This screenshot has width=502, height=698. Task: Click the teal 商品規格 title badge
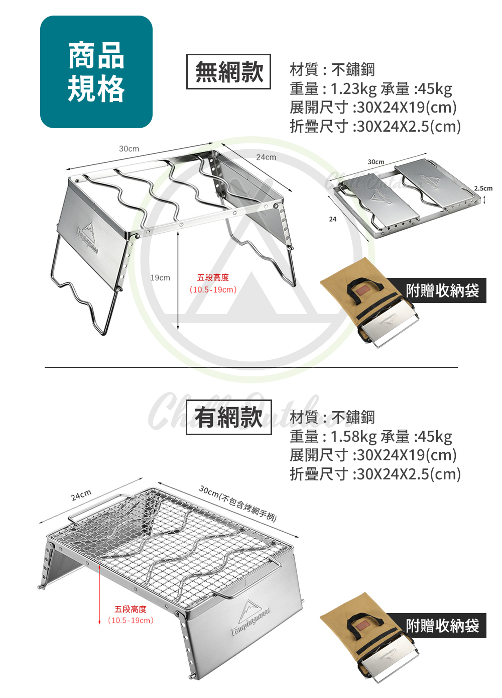[x=96, y=72]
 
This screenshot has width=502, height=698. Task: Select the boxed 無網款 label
[x=228, y=71]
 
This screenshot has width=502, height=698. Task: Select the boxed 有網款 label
[x=228, y=417]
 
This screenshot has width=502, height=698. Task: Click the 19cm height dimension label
[x=160, y=277]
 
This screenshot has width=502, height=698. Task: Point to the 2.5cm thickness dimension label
[x=483, y=188]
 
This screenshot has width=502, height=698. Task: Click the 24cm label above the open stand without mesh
[x=266, y=157]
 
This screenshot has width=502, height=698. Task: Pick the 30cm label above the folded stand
[x=376, y=162]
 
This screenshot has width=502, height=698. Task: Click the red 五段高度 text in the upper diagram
[x=213, y=277]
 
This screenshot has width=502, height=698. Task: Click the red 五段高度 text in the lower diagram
[x=131, y=609]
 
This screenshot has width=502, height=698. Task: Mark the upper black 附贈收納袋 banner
[x=442, y=290]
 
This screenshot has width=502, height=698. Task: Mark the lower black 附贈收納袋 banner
[x=442, y=626]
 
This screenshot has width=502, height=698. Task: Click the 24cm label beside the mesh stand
[x=81, y=495]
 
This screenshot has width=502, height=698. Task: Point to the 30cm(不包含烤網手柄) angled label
[x=238, y=503]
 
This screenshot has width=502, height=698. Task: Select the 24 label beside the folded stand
[x=333, y=219]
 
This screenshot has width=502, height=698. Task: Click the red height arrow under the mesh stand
[x=100, y=593]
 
